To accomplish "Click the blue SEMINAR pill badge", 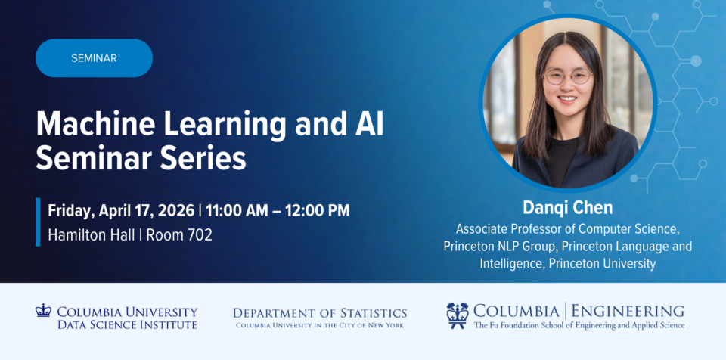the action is tap(94, 58).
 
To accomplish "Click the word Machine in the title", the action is tap(92, 125).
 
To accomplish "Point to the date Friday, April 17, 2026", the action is tap(121, 210).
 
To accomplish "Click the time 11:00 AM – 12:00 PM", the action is tap(278, 210).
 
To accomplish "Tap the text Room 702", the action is tap(179, 235).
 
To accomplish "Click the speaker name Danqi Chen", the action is tap(568, 207).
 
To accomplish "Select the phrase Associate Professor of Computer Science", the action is tap(568, 229).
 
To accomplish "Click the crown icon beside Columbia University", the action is tap(43, 310).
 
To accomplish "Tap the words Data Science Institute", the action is tap(127, 324).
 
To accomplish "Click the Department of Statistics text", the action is tap(319, 313).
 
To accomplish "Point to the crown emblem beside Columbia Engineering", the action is tap(458, 315).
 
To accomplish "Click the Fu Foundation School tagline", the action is tap(579, 326).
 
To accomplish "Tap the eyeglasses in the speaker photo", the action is tap(568, 76).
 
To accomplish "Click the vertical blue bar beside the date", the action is tap(38, 222).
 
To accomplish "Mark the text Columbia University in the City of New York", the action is tap(319, 325).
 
